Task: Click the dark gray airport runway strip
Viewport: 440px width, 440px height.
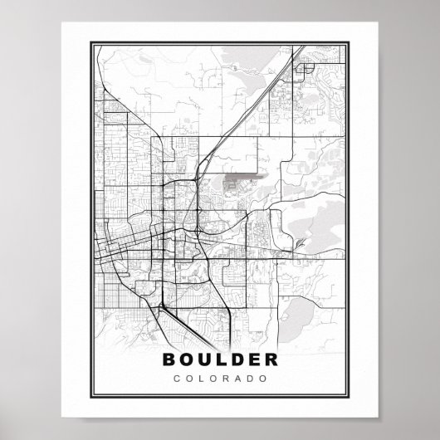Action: click(x=241, y=176)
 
